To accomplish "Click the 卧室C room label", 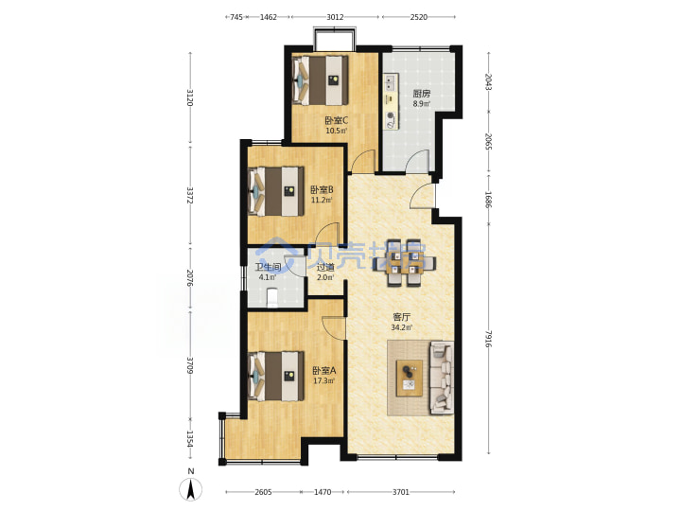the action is [x=336, y=120].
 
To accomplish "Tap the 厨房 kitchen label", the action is [x=421, y=94].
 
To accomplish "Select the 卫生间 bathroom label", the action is [x=268, y=267].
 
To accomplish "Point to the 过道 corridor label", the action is [x=325, y=267].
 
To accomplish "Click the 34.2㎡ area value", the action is [x=402, y=327].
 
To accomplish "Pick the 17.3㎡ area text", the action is [x=324, y=381].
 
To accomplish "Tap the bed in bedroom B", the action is [x=276, y=191].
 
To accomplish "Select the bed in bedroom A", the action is [x=276, y=376].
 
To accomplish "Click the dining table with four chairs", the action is [x=404, y=263].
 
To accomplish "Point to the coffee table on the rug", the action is [x=410, y=378].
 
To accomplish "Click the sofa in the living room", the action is [x=442, y=378].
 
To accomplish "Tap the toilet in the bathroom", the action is [x=272, y=298].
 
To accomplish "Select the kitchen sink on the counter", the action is [x=390, y=83].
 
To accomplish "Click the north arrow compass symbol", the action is [x=191, y=487].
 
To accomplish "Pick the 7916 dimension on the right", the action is [x=489, y=339].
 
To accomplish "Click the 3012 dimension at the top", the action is [x=335, y=17].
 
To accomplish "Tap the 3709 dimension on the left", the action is [x=190, y=365].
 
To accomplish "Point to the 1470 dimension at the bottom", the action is [x=323, y=492].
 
